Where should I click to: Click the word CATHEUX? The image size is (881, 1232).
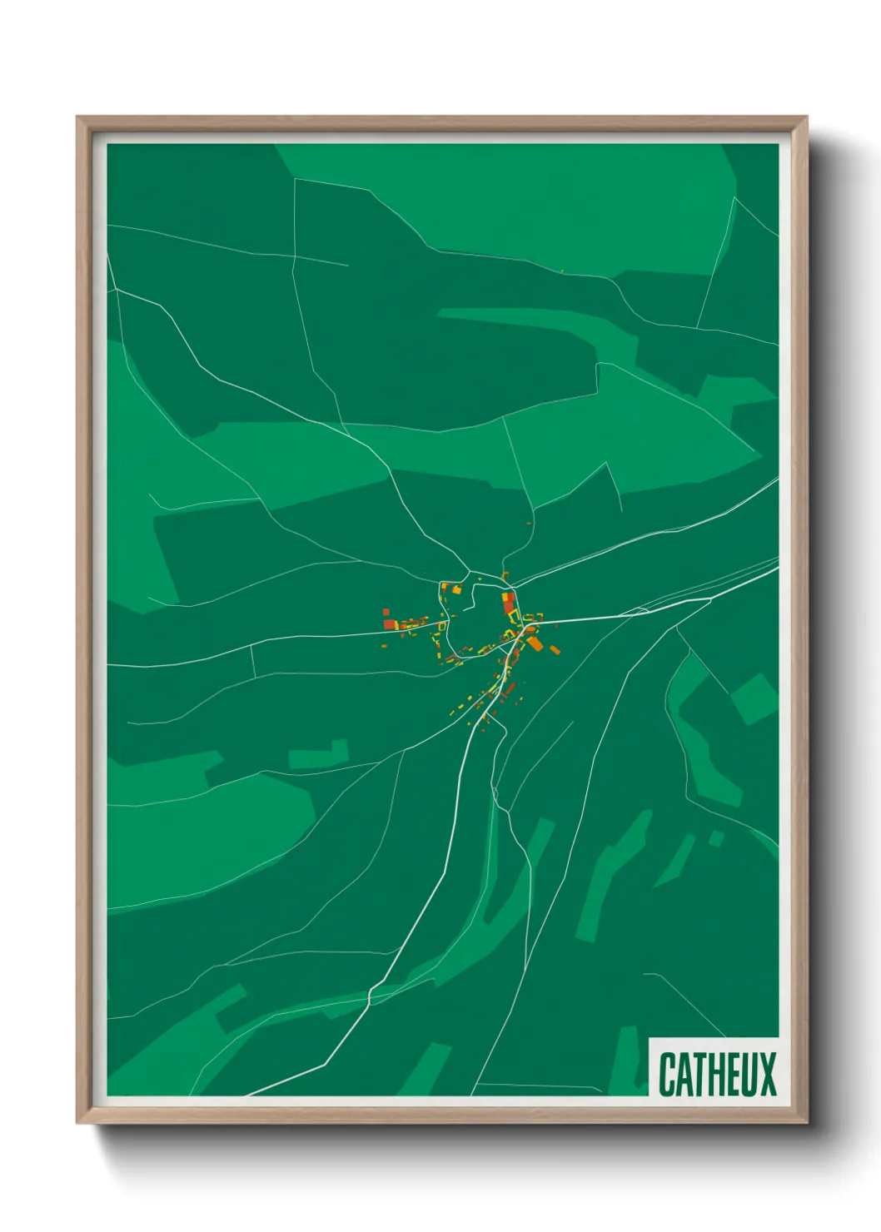point(717,1075)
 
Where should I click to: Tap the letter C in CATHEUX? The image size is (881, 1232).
point(667,1075)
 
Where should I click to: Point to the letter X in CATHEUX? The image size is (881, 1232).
point(768,1075)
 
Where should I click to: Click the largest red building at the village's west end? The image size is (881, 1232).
point(389,623)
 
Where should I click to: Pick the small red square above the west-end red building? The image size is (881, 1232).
point(386,613)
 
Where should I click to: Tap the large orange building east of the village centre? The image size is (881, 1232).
point(535,642)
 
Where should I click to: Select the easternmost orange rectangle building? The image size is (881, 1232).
point(555,649)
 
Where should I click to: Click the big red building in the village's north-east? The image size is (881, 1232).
point(507,603)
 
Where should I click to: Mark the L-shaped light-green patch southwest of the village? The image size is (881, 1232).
point(319,754)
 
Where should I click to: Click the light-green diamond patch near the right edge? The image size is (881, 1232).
point(754,698)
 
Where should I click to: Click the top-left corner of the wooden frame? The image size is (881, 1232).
point(77,117)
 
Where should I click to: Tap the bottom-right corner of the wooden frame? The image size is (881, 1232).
point(807,1123)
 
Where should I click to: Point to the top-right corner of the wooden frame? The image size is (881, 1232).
point(807,117)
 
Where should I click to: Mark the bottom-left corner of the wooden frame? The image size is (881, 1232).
point(77,1123)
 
